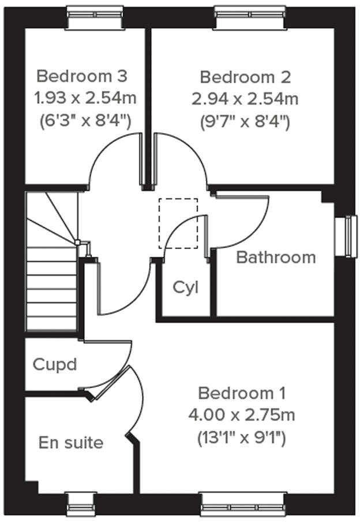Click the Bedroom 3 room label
pyautogui.click(x=81, y=76)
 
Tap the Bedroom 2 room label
pyautogui.click(x=245, y=77)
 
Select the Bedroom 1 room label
pyautogui.click(x=242, y=393)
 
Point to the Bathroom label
pyautogui.click(x=276, y=257)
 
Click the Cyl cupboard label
pyautogui.click(x=185, y=287)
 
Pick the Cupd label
pyautogui.click(x=55, y=365)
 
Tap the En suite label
pyautogui.click(x=71, y=443)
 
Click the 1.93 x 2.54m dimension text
pyautogui.click(x=85, y=98)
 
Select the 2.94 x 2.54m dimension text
pyautogui.click(x=245, y=99)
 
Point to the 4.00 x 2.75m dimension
pyautogui.click(x=242, y=415)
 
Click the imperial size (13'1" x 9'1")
pyautogui.click(x=242, y=438)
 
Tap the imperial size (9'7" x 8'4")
pyautogui.click(x=245, y=121)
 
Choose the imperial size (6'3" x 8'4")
pyautogui.click(x=85, y=121)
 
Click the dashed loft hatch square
pyautogui.click(x=178, y=223)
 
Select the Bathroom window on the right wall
pyautogui.click(x=348, y=235)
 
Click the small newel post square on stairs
pyautogui.click(x=77, y=243)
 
